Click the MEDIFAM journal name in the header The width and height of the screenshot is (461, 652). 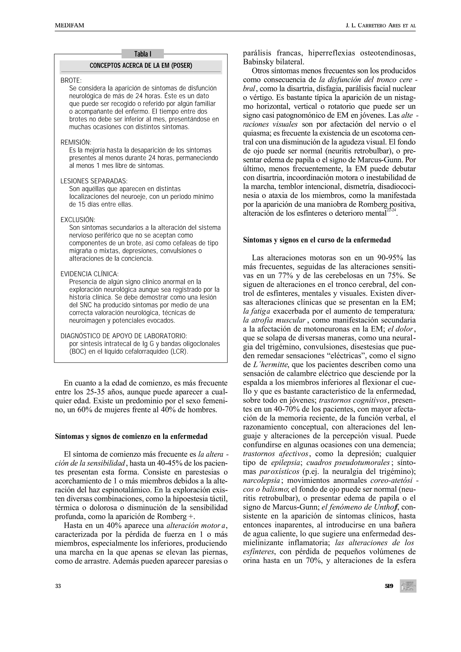(x=69, y=26)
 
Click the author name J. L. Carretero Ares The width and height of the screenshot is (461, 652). (x=380, y=26)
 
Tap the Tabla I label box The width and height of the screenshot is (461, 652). (x=142, y=54)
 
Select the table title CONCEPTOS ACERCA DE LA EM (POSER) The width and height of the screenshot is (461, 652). (x=141, y=66)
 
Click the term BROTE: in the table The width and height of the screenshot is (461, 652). (x=71, y=81)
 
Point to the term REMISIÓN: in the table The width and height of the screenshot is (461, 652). (x=76, y=142)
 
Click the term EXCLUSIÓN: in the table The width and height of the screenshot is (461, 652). (x=78, y=220)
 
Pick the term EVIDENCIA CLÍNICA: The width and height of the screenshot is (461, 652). (x=89, y=274)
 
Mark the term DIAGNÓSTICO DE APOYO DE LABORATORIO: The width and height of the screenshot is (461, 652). (x=124, y=336)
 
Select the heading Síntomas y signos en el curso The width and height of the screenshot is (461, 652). (x=317, y=240)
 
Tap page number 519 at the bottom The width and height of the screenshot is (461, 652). (x=389, y=586)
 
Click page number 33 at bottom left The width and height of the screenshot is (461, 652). (x=58, y=586)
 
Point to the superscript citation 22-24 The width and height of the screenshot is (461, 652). (x=391, y=210)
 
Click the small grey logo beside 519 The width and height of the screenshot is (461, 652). (x=408, y=586)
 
